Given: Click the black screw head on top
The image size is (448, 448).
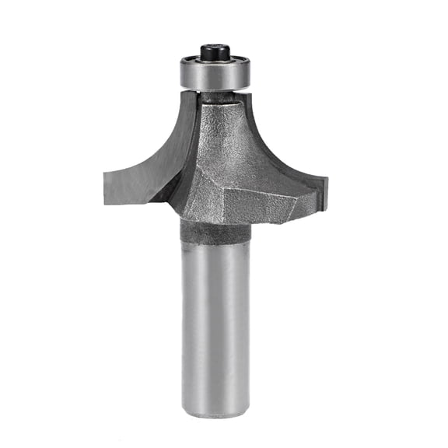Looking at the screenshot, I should click(213, 51).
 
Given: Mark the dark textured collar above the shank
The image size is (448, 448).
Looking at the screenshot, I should click(215, 231).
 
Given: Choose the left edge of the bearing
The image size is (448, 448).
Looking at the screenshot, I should click(181, 75).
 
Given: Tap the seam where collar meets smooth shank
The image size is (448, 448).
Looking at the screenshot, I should click(215, 243).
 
